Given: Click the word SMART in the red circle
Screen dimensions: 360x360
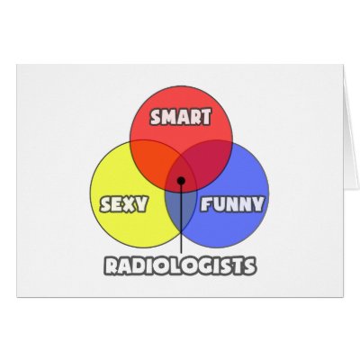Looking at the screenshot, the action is coord(181,117).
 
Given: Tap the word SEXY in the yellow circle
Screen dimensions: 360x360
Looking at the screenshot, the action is coord(123,204).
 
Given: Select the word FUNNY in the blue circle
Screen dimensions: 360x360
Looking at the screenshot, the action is coord(231,203).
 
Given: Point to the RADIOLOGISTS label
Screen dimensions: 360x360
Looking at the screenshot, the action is coord(180,266).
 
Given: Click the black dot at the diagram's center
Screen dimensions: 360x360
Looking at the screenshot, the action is coord(181,181).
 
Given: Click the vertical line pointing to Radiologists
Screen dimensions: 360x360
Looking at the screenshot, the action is coord(181,219).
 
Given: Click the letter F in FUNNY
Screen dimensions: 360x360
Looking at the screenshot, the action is coord(206,204).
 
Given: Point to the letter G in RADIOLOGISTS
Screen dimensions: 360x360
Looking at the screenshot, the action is coord(203,266).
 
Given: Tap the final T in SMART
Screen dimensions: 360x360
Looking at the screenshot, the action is coord(205,117).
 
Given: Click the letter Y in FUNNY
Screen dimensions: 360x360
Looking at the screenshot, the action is coord(257,204).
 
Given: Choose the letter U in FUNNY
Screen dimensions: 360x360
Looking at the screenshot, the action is coord(219,204).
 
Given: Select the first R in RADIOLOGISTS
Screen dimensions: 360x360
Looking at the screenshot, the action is coord(111,266).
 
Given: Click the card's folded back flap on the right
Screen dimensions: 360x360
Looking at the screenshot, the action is coord(351,129).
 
